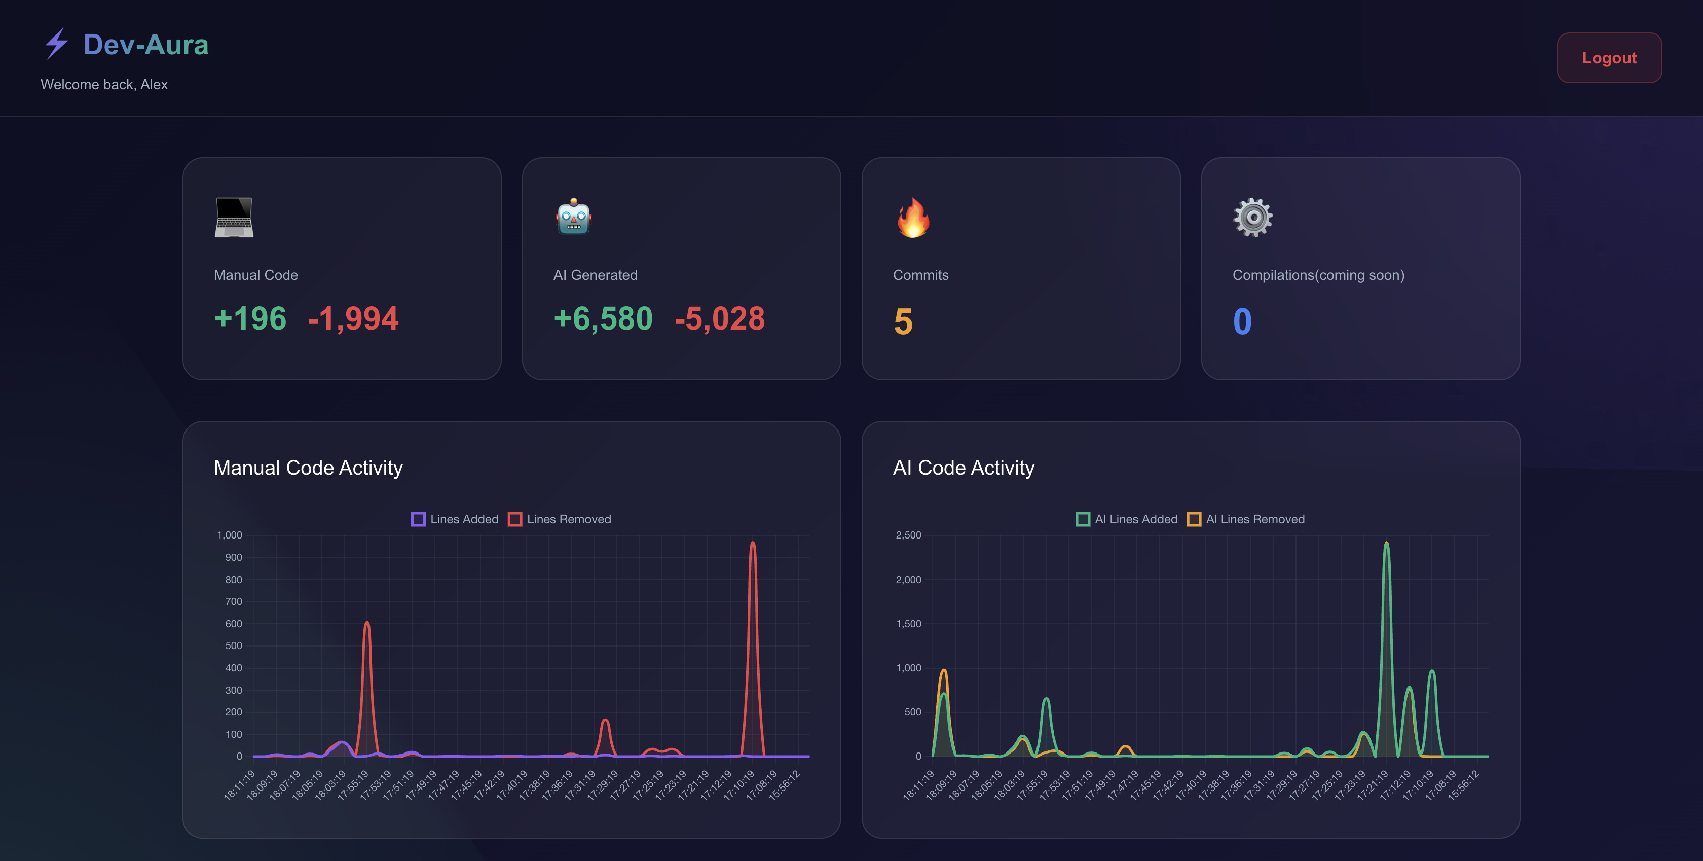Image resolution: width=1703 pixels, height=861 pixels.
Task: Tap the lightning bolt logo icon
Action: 57,44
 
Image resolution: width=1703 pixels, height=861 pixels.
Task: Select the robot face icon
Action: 573,217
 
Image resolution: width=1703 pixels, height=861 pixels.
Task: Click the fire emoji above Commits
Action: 913,218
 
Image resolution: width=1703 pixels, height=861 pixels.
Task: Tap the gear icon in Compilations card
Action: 1252,218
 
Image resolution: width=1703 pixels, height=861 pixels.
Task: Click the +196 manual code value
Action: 250,319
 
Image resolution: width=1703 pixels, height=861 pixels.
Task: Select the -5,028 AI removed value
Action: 719,319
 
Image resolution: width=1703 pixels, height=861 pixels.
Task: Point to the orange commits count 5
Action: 903,321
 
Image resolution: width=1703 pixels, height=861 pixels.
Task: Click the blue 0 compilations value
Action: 1242,321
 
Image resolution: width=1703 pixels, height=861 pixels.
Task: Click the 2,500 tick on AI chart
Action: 908,535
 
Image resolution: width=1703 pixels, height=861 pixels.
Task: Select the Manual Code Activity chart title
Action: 308,468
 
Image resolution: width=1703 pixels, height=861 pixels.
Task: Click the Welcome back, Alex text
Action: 104,85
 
